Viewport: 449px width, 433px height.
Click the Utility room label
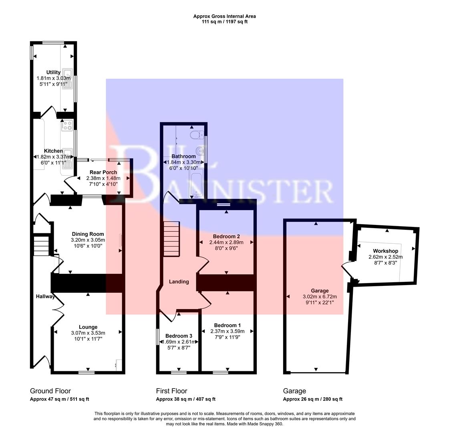(x=53, y=73)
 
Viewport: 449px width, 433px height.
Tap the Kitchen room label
(x=53, y=151)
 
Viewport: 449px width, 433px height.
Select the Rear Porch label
(x=103, y=172)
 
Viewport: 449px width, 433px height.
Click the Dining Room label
(x=88, y=234)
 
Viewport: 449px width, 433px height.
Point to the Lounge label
(x=88, y=327)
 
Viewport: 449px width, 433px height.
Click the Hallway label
(x=44, y=297)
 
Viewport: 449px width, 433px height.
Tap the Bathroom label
(x=183, y=156)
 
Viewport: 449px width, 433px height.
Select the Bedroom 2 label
(x=226, y=237)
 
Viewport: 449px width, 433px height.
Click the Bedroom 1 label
(x=227, y=325)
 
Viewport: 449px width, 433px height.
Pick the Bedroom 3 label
(x=179, y=336)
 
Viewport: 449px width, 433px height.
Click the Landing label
(x=179, y=282)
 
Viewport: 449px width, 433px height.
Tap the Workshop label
(x=385, y=251)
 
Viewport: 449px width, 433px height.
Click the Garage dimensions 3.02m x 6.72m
(x=320, y=297)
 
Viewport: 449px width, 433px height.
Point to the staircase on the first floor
(x=171, y=239)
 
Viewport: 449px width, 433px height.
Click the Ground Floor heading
(x=50, y=391)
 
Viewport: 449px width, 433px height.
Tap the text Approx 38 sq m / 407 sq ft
(x=185, y=399)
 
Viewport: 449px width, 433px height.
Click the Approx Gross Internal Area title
(x=224, y=16)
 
